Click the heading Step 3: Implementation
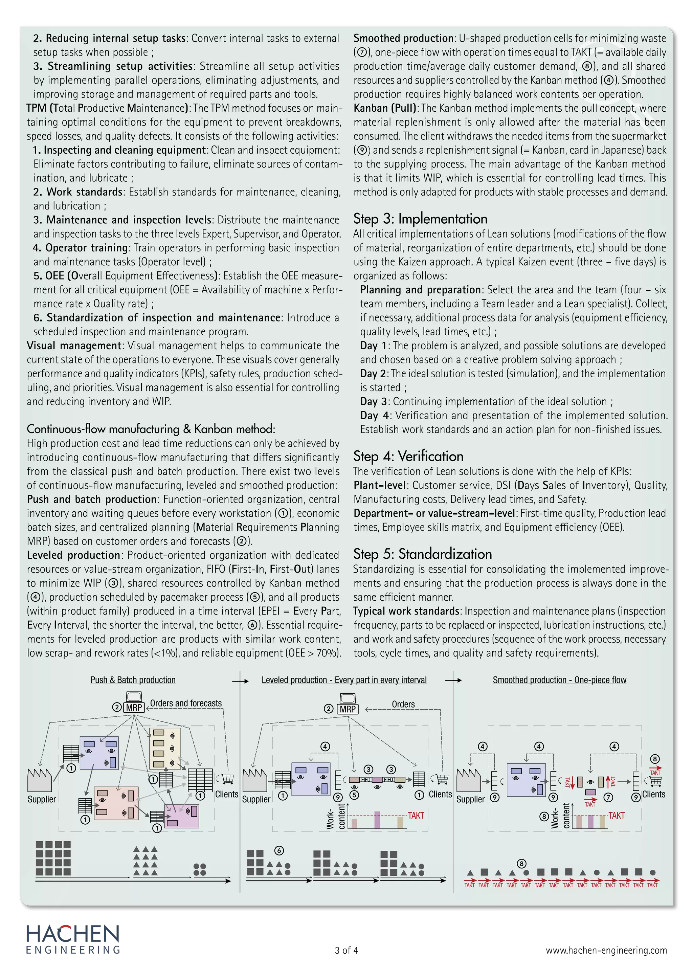[x=420, y=219]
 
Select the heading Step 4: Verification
[x=408, y=456]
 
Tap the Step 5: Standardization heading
[x=422, y=554]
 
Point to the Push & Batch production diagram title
[x=133, y=680]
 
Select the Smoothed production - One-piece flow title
[x=559, y=680]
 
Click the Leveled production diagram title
[x=344, y=680]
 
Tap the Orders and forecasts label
[x=186, y=703]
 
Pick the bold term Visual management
[x=74, y=346]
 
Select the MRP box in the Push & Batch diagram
[x=134, y=707]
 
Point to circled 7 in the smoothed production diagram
[x=608, y=797]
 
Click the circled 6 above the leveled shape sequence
[x=279, y=851]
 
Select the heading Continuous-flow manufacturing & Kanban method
[x=151, y=429]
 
